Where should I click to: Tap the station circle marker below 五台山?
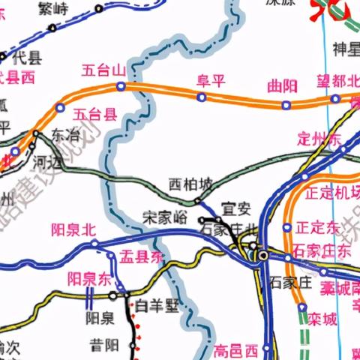121,87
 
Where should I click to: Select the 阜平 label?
211,81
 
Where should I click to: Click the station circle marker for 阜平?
201,97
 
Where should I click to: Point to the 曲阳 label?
283,86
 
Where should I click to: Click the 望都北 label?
337,81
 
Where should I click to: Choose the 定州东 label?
319,139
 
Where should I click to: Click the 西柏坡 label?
190,184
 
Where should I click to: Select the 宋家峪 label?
164,218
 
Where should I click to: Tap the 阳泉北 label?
73,229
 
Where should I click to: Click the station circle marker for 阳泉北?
94,244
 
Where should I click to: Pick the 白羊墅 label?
158,305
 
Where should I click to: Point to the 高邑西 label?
236,350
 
